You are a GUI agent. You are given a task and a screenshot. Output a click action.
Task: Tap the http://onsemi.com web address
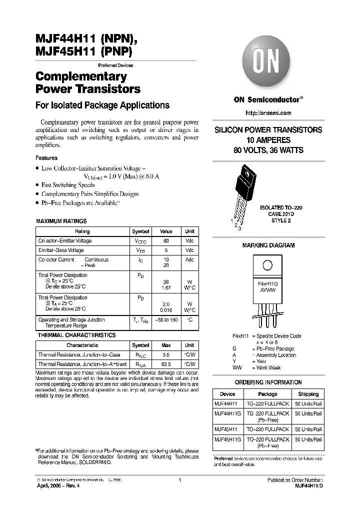click(x=268, y=113)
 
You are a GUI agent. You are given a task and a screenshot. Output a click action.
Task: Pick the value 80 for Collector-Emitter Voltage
click(x=165, y=241)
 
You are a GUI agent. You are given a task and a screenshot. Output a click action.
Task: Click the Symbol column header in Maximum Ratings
click(x=140, y=231)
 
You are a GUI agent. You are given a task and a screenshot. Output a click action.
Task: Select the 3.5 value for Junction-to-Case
click(x=165, y=354)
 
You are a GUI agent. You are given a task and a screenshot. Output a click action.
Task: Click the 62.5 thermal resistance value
click(x=165, y=364)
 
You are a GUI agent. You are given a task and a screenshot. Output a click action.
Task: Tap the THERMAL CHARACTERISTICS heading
click(x=76, y=335)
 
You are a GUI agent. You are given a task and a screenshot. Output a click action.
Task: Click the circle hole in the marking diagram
click(x=267, y=265)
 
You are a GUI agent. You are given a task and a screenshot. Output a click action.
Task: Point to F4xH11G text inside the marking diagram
click(x=267, y=283)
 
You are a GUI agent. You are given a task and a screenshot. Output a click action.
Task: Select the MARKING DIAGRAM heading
click(x=268, y=245)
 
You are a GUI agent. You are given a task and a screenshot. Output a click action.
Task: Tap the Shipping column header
click(x=308, y=394)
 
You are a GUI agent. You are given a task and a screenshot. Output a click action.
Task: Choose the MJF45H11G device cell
click(x=227, y=439)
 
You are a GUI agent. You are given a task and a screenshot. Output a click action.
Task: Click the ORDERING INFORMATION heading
click(x=268, y=382)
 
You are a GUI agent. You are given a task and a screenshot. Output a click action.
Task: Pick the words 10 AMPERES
click(x=268, y=140)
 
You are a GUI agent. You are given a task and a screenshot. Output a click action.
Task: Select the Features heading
click(x=46, y=158)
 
